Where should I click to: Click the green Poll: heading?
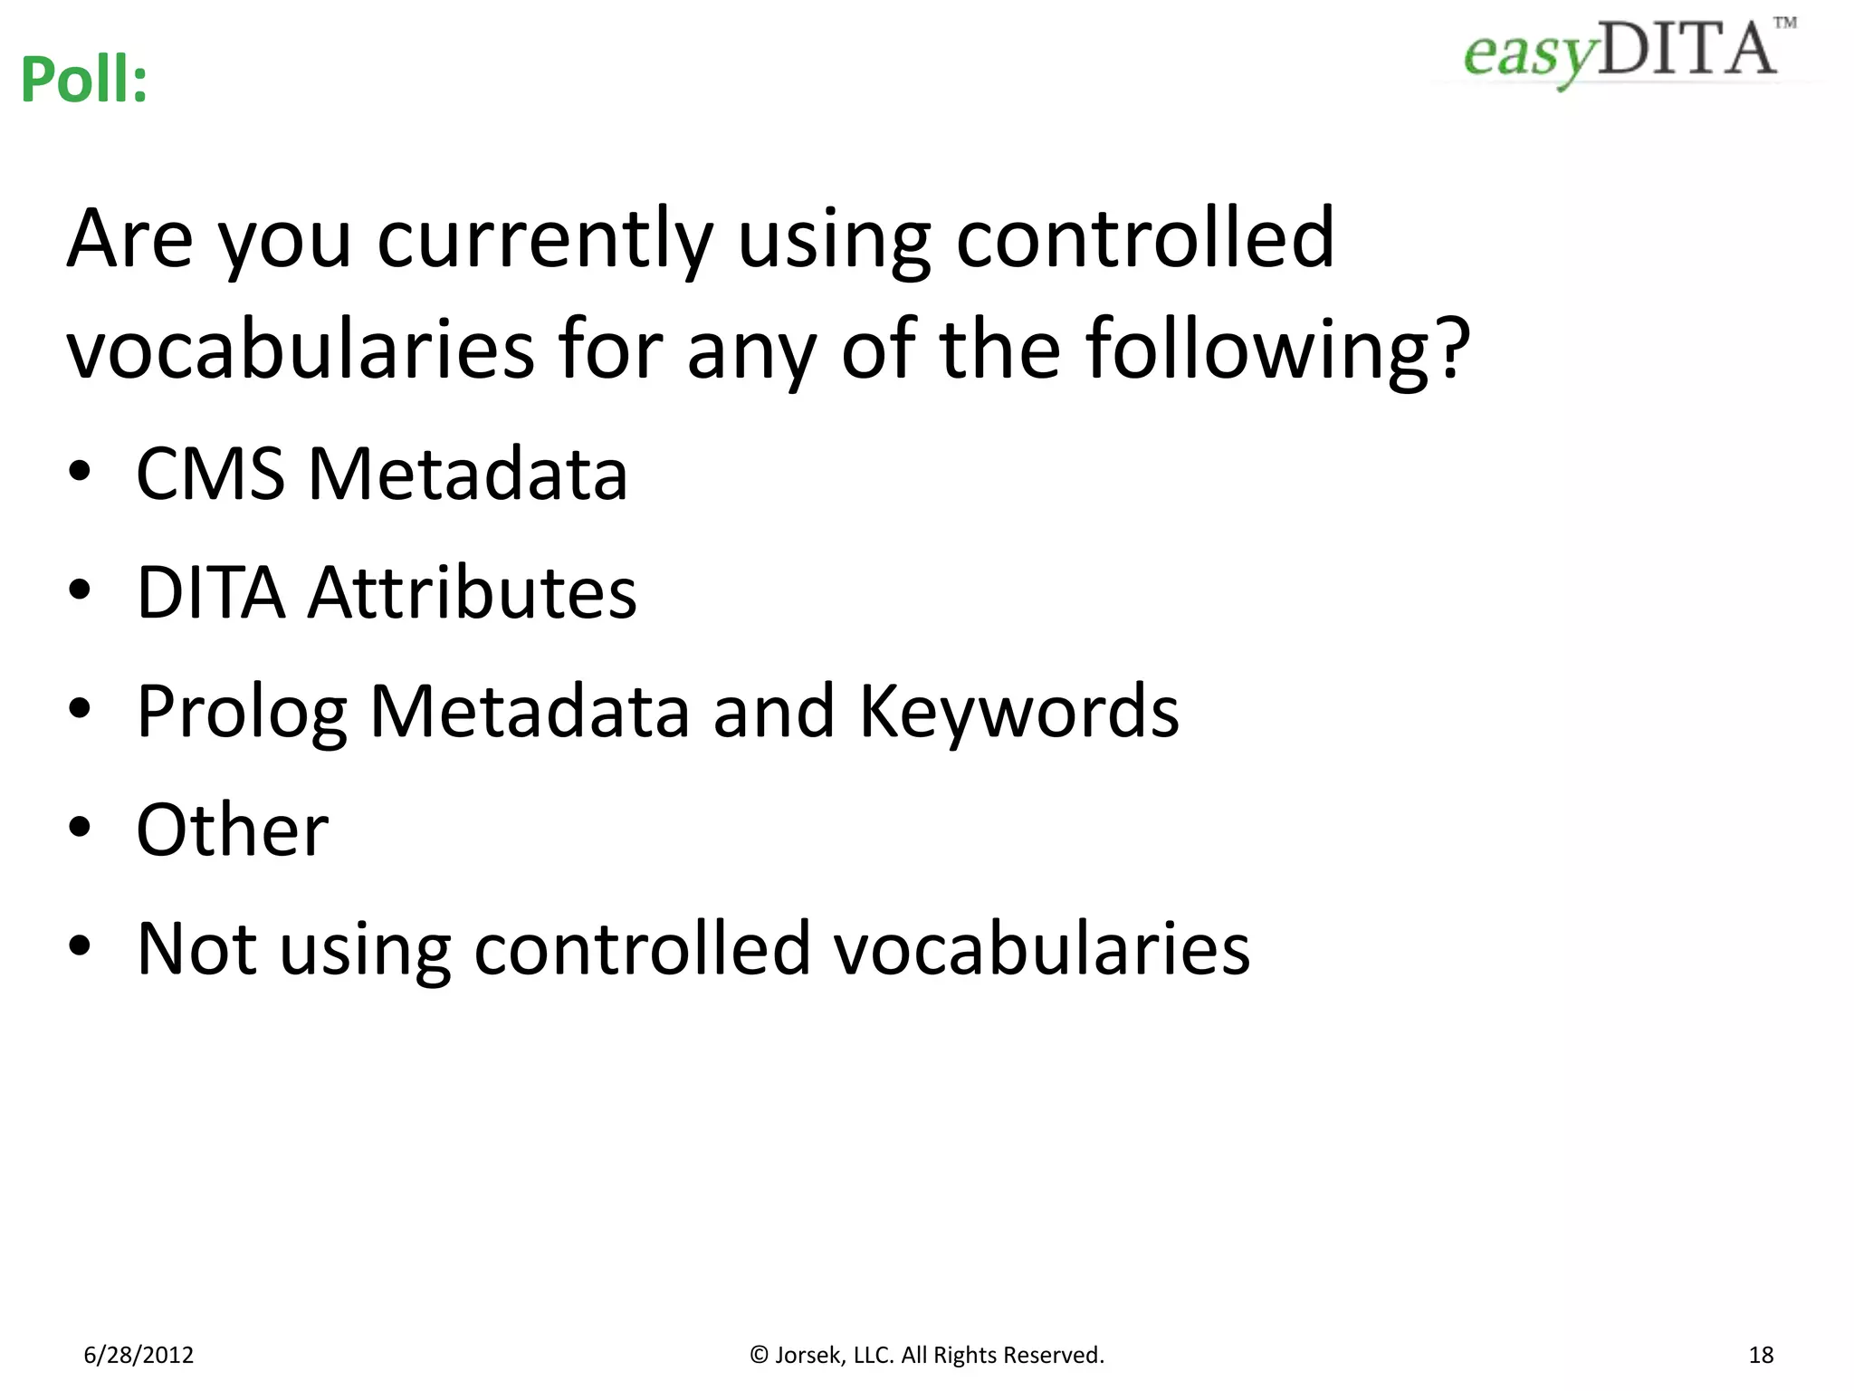83,80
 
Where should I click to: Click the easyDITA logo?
1620,51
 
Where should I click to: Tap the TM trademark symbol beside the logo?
1784,23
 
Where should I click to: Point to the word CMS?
210,474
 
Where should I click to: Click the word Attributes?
473,592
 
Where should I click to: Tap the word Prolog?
242,712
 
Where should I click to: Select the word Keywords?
1018,712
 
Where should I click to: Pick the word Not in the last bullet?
196,948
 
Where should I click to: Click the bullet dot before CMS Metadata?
80,471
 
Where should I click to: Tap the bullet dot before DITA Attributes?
80,590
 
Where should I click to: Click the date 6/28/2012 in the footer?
139,1355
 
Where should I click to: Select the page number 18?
1761,1355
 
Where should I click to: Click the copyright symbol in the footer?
760,1355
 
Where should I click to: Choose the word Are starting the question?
130,239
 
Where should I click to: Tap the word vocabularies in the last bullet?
1041,948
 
